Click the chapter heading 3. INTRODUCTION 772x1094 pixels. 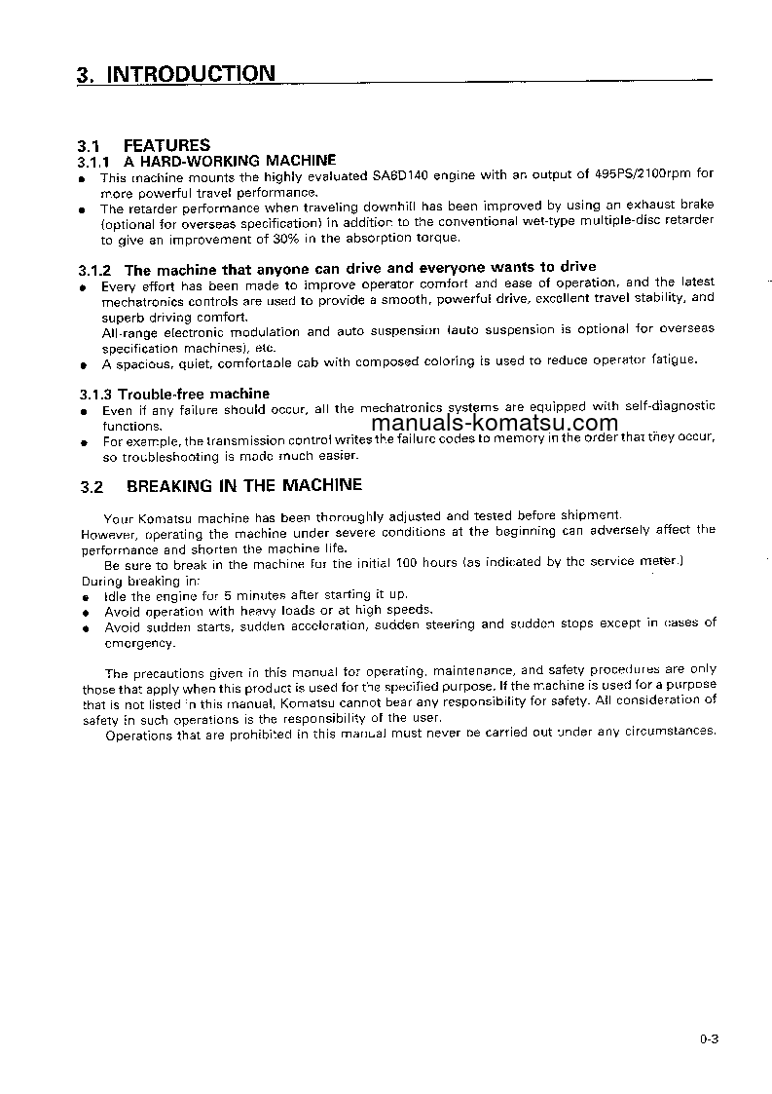coord(175,74)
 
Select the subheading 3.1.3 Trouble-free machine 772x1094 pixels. coord(174,394)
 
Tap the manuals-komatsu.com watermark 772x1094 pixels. coord(495,423)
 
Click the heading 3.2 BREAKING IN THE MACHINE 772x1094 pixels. coord(221,485)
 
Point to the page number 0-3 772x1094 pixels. coord(708,1038)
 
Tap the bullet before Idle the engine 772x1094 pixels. coord(86,596)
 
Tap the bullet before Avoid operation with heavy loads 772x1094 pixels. coord(86,612)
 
